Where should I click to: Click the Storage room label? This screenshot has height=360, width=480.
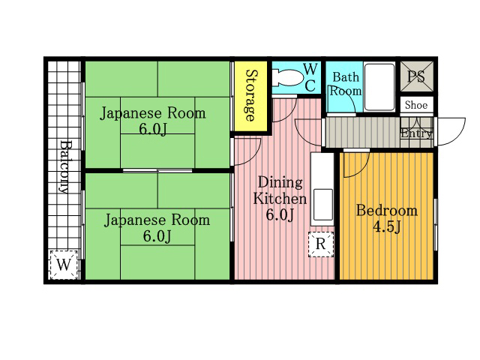[250, 95]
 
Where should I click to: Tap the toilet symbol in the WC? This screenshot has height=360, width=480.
[286, 78]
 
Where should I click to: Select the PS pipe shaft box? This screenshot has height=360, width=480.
[417, 76]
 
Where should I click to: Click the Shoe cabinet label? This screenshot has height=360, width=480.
[416, 105]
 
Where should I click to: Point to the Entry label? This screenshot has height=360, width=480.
[417, 133]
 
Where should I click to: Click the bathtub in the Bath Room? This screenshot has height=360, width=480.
[379, 87]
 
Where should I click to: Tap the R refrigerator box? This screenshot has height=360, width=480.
[321, 244]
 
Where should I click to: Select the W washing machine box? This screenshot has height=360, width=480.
[64, 265]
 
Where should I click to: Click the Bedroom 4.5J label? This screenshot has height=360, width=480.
[387, 218]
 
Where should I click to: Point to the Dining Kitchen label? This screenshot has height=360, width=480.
[280, 190]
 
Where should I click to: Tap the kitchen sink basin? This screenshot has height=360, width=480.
[322, 204]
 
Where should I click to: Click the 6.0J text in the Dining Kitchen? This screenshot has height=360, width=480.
[280, 214]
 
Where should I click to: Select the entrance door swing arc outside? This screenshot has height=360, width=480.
[451, 131]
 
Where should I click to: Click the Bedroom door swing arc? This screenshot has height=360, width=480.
[357, 165]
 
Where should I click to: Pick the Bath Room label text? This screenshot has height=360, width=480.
[345, 84]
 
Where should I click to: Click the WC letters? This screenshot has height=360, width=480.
[310, 77]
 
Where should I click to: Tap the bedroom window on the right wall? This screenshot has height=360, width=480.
[436, 224]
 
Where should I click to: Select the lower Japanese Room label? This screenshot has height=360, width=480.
[157, 228]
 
